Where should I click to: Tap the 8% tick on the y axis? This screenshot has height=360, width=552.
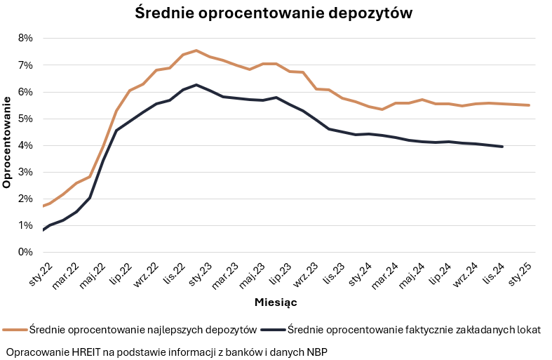[25, 38]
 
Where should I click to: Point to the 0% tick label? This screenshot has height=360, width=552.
[25, 252]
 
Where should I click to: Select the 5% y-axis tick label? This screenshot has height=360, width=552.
[25, 119]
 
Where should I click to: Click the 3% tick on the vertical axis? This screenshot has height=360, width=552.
[25, 172]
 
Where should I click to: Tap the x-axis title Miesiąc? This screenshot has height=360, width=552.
[276, 302]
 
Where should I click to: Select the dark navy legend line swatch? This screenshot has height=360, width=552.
[272, 329]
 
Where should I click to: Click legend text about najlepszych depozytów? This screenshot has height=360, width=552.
[142, 329]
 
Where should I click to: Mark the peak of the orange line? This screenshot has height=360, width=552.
[196, 51]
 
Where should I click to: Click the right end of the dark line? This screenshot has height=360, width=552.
[503, 147]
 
